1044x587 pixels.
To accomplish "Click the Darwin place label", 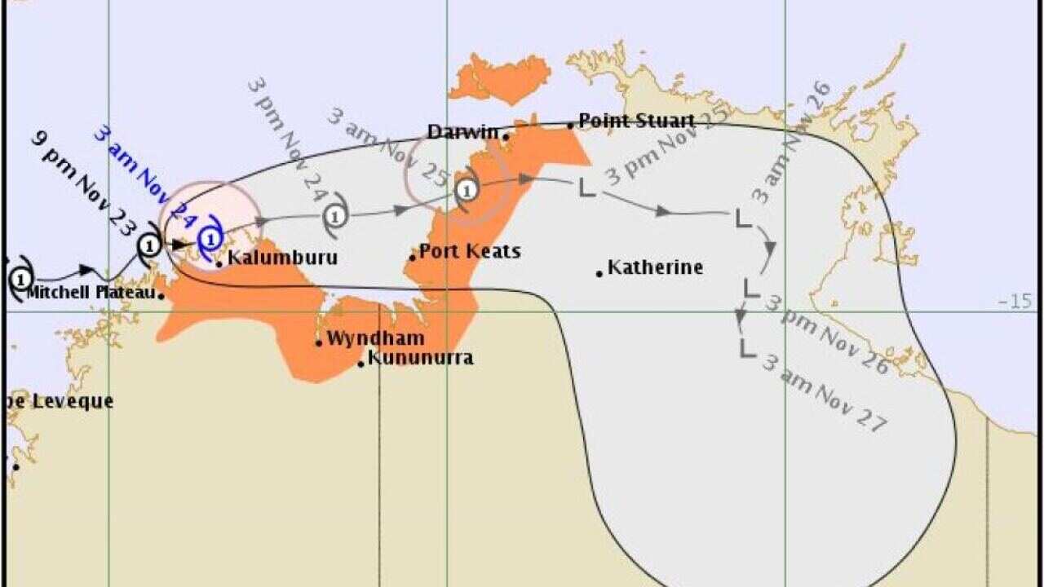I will pos(462,132).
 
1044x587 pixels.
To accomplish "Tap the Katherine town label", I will pos(655,267).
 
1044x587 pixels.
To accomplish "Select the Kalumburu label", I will pos(281,258).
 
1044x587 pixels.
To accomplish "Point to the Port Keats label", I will pos(469,251).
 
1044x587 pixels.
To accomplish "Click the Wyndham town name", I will pos(375,338).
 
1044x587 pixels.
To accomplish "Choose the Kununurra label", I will pos(420,358).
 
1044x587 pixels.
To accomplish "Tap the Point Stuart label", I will pos(636,121).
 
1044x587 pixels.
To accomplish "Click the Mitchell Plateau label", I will pos(91,292).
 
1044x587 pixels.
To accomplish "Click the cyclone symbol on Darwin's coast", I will pos(466,190).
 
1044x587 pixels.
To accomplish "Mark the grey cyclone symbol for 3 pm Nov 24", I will pos(335,216).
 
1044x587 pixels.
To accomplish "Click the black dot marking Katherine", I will pos(599,273).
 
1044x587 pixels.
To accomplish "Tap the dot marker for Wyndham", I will pos(319,342).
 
